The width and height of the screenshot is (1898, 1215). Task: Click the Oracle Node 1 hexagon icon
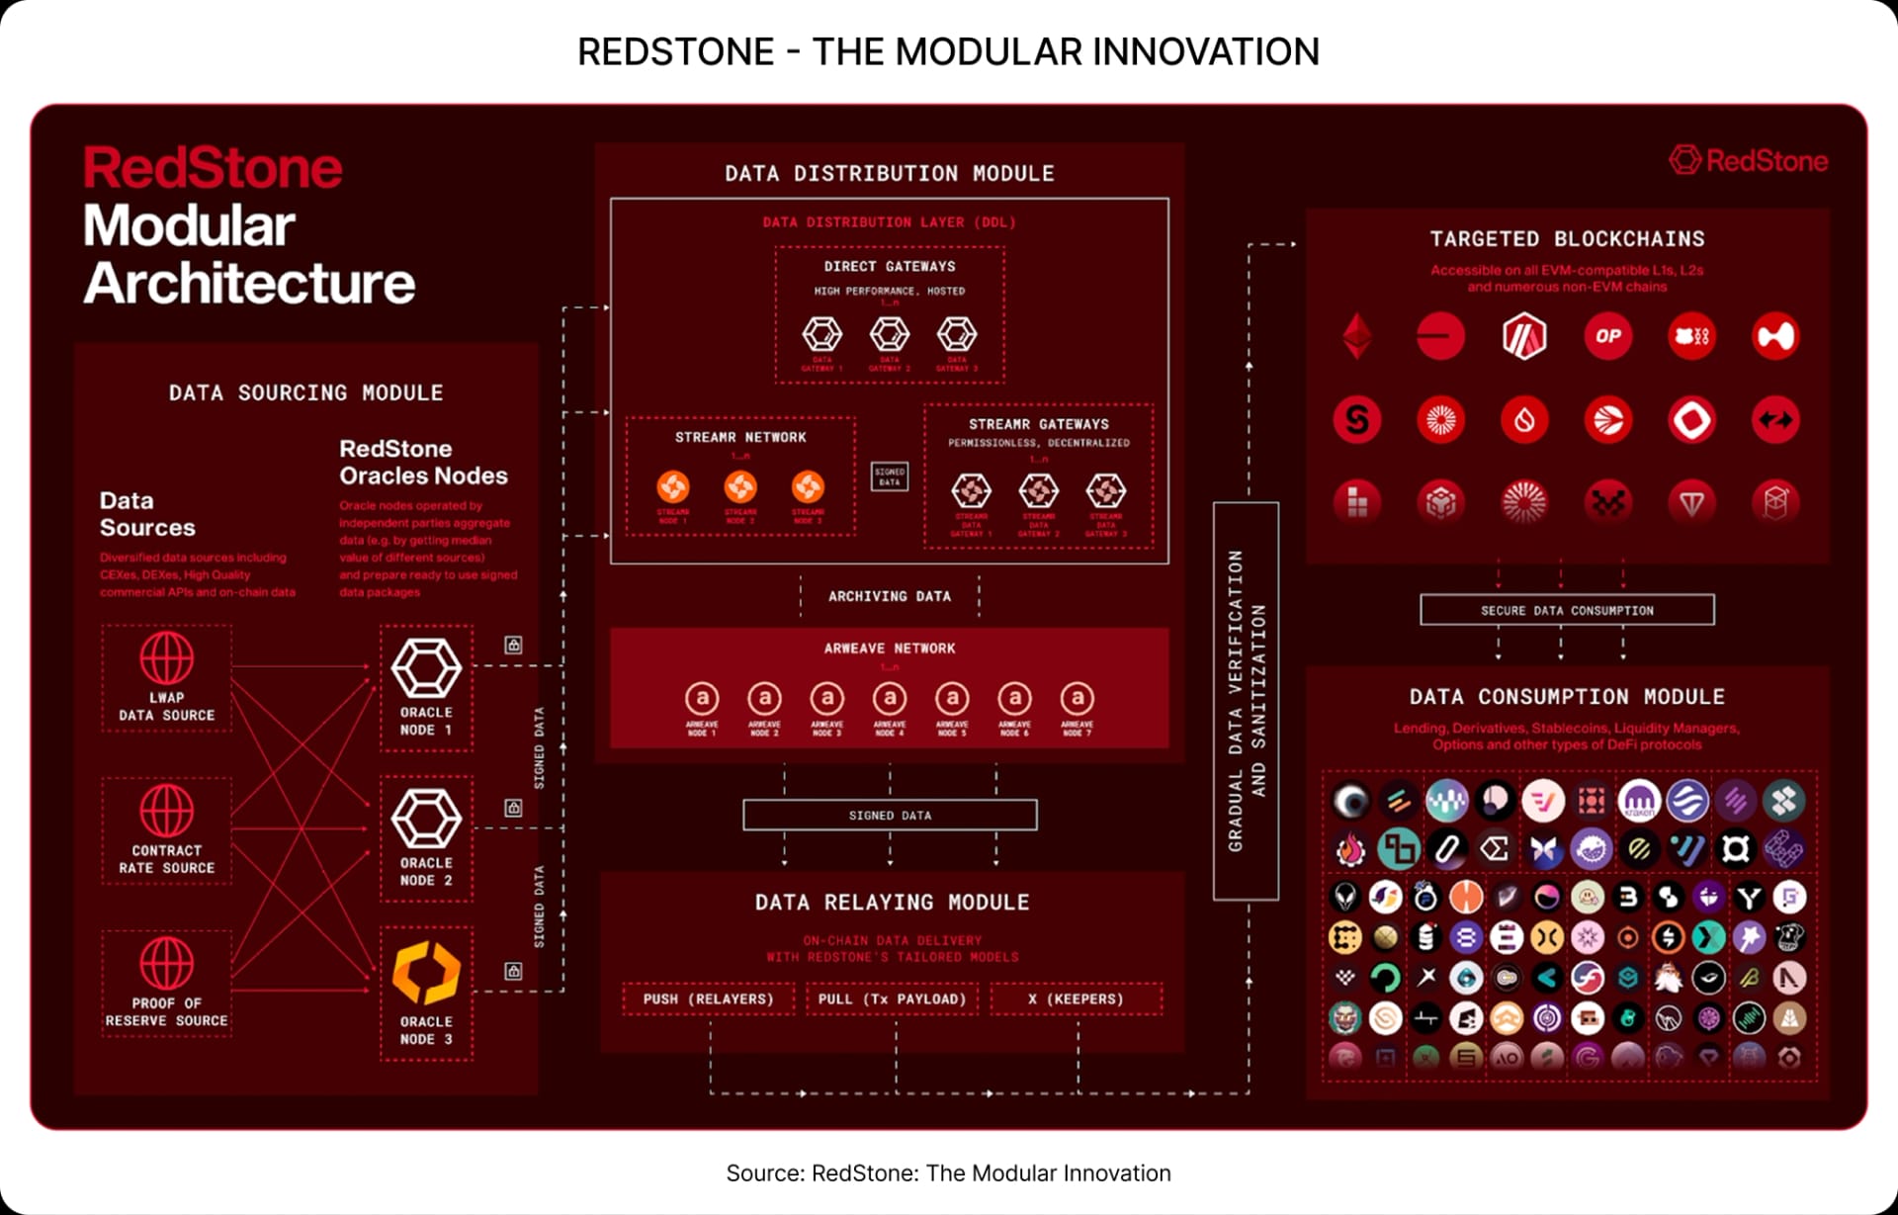tap(426, 667)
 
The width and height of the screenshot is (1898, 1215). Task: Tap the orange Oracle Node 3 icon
tap(426, 973)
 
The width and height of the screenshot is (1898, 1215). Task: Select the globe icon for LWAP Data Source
tap(166, 657)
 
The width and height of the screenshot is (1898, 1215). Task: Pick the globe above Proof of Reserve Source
tap(166, 963)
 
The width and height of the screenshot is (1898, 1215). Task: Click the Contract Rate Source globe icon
tap(166, 811)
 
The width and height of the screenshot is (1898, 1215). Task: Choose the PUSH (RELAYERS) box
tap(708, 998)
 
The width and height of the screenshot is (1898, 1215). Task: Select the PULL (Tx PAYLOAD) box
tap(892, 998)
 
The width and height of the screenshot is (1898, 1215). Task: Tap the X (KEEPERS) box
tap(1076, 998)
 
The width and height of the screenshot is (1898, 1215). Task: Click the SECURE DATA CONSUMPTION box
tap(1567, 610)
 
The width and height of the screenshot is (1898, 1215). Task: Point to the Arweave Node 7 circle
tap(1077, 699)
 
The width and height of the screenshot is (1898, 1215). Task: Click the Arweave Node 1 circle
tap(702, 699)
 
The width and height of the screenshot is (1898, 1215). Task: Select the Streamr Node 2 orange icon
tap(740, 486)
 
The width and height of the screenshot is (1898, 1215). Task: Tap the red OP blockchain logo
tap(1607, 336)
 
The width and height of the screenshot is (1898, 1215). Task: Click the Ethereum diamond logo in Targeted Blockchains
tap(1357, 336)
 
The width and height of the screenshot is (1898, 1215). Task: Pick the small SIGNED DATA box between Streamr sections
tap(890, 477)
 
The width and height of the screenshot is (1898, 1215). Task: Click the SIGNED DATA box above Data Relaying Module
tap(890, 815)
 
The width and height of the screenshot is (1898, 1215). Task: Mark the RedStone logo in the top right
tap(1749, 160)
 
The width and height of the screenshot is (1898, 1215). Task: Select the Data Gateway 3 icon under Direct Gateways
tap(956, 334)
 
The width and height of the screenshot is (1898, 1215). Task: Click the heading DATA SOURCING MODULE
tap(305, 392)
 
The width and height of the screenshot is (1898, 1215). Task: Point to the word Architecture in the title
tap(249, 284)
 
